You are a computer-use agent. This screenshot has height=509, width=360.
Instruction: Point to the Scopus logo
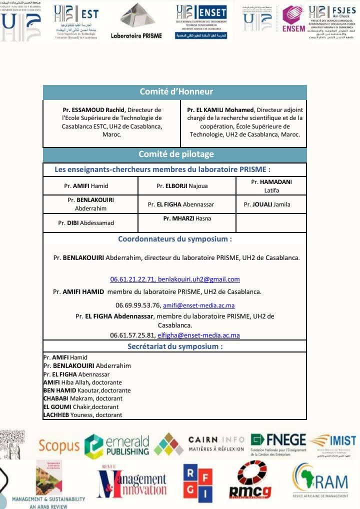[x=59, y=445]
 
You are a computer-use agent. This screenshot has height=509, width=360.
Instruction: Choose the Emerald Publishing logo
[x=116, y=444]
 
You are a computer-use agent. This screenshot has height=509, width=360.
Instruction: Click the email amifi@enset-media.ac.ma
[x=199, y=305]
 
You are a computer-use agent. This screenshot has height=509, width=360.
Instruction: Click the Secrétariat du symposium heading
[x=175, y=346]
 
